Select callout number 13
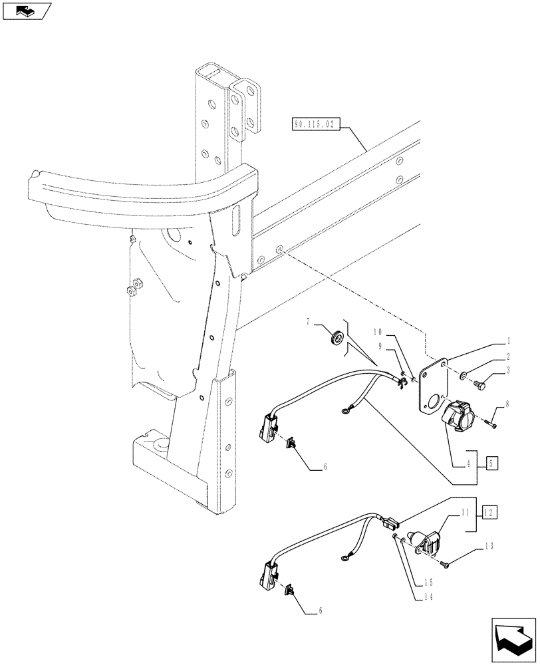[x=489, y=547]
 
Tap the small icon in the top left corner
[x=26, y=11]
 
